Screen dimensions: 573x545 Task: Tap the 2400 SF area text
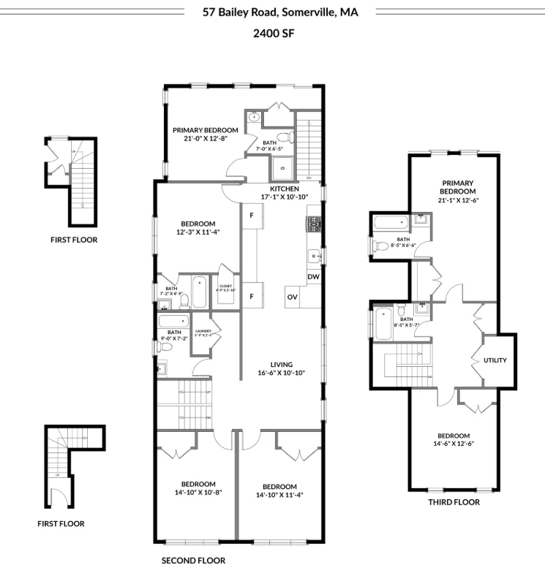272,33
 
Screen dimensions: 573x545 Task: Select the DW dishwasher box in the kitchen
313,276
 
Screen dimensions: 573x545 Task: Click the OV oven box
292,297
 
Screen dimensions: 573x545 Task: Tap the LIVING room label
280,364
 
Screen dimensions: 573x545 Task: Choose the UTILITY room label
495,360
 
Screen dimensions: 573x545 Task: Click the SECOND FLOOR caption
193,561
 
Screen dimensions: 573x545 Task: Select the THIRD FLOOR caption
454,502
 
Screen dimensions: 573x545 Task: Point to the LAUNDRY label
203,331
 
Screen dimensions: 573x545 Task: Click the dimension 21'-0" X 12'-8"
205,139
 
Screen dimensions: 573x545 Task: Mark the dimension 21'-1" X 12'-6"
457,200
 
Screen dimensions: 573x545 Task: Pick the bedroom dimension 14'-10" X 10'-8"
198,493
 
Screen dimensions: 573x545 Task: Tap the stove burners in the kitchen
314,222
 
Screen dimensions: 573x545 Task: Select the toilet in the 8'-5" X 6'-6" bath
379,246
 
